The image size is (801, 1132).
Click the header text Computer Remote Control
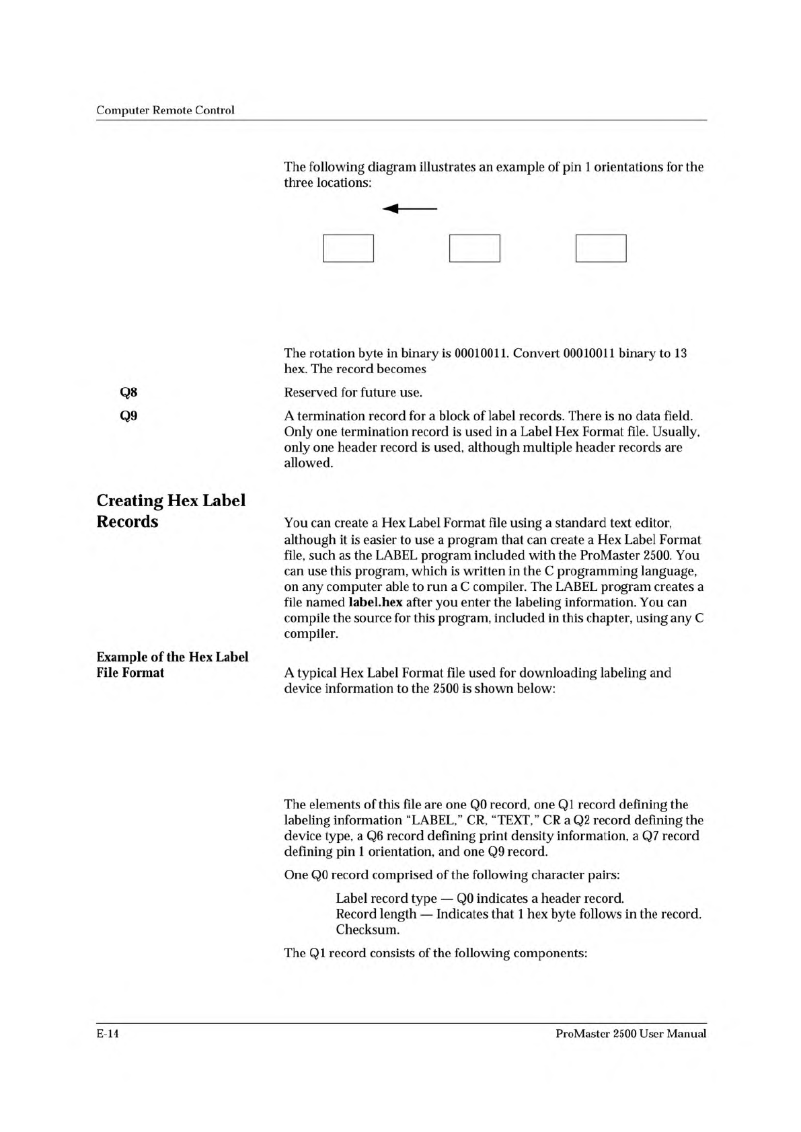(x=165, y=110)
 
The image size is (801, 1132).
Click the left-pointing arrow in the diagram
(x=410, y=209)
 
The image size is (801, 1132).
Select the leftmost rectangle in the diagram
(x=348, y=248)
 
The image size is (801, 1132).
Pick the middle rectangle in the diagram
(x=474, y=248)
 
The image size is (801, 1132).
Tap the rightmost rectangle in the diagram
(x=601, y=248)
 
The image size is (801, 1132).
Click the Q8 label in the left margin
(x=128, y=392)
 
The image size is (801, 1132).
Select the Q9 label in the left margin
(x=128, y=415)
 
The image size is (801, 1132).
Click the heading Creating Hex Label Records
(x=171, y=511)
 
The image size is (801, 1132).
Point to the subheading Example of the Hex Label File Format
(x=172, y=665)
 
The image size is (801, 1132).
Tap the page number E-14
(x=108, y=1034)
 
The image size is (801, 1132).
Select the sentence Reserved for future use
(x=353, y=392)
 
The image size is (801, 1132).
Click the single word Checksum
(x=368, y=930)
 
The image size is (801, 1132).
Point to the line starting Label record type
(x=480, y=898)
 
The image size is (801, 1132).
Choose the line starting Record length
(x=518, y=914)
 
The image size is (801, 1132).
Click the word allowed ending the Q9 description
(x=307, y=463)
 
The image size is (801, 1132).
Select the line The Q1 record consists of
(x=436, y=953)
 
